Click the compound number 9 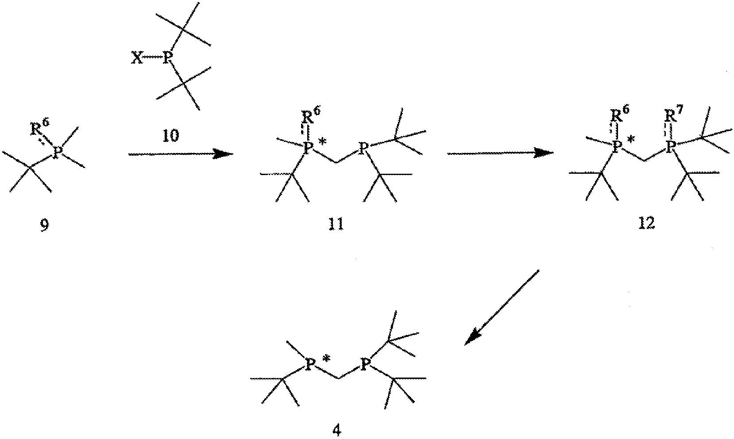tap(45, 225)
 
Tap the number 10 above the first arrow tap(171, 135)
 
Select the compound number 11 tap(336, 224)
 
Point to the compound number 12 tap(646, 223)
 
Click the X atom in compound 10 tap(137, 58)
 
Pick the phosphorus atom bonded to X tap(168, 58)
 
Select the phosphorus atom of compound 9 tap(58, 152)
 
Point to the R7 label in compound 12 tap(673, 117)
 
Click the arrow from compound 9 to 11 tap(181, 154)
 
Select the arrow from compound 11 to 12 tap(500, 153)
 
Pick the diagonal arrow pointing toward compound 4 tap(502, 308)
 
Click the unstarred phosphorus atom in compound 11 tap(363, 148)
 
